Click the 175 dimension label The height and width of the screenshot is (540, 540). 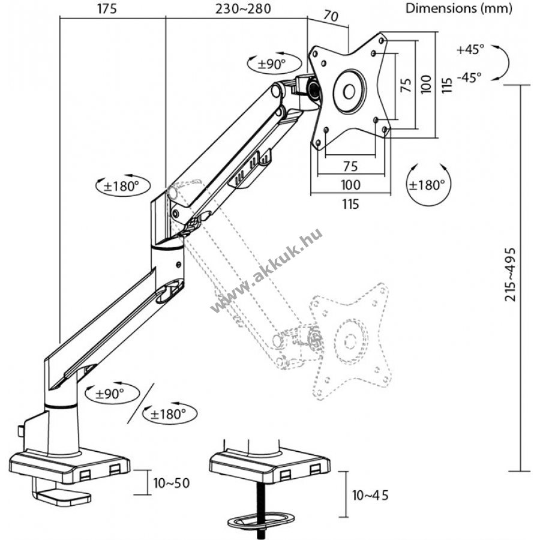[107, 9]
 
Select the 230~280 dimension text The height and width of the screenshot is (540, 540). [243, 9]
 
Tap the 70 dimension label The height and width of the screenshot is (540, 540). [331, 16]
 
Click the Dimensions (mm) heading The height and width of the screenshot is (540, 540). [459, 8]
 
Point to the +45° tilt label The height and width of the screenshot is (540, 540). [470, 49]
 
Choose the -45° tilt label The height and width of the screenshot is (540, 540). [469, 77]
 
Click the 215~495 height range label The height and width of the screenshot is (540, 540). [511, 274]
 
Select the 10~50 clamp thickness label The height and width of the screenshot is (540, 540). [172, 483]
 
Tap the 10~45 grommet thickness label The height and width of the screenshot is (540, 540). [370, 495]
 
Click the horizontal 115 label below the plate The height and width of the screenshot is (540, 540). [350, 204]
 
